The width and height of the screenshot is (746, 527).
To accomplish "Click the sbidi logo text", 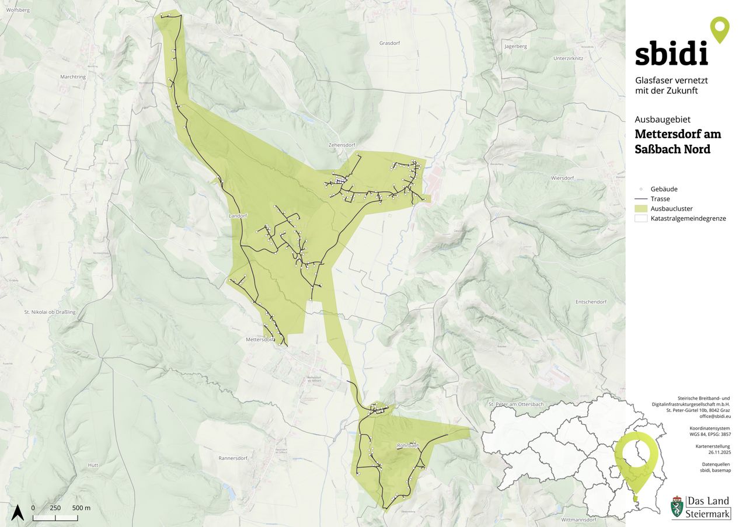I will (671, 54).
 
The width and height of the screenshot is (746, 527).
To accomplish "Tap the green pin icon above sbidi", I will (720, 29).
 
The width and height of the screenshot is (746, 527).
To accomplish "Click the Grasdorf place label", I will (389, 43).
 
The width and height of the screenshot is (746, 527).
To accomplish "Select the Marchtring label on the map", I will (73, 76).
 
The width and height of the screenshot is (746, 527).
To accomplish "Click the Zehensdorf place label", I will (342, 145).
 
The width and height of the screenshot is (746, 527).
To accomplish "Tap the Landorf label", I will (238, 216).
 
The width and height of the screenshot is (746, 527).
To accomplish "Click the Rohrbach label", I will (408, 445).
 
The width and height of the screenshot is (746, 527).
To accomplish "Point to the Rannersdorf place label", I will (234, 458).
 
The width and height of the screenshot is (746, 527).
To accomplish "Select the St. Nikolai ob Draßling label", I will (50, 312).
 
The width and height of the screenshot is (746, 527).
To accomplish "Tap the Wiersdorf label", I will (563, 177).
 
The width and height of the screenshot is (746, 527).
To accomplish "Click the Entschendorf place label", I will (591, 302).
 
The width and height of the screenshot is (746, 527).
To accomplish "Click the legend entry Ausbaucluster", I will (671, 208).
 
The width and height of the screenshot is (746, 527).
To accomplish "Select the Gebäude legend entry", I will (664, 189).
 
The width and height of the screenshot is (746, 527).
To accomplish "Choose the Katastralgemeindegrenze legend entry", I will (688, 218).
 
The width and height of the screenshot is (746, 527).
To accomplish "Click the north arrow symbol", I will (17, 512).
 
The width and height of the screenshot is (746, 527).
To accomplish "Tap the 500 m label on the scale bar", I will (81, 508).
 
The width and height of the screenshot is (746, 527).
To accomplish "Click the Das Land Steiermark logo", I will (700, 507).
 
